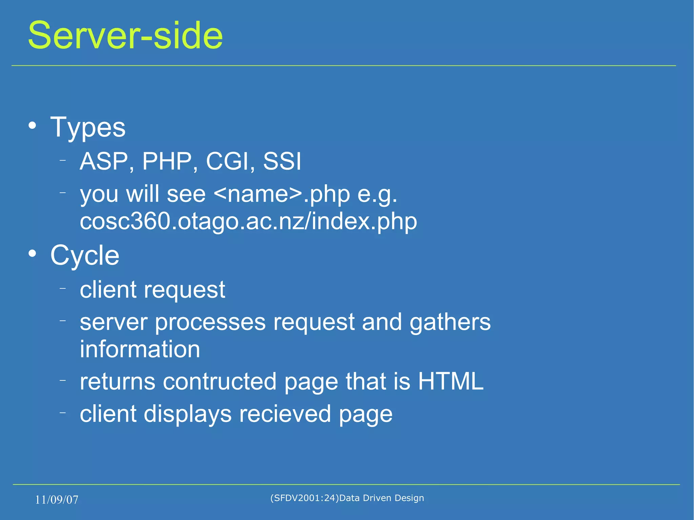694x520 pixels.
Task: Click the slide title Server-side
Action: [125, 35]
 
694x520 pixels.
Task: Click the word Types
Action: [88, 127]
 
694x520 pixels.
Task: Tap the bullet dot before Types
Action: [32, 126]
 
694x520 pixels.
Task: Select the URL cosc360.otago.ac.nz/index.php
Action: [248, 222]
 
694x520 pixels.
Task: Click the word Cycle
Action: [85, 255]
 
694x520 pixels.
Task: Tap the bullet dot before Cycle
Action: [32, 253]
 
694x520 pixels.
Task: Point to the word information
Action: [140, 349]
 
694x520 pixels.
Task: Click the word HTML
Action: [450, 381]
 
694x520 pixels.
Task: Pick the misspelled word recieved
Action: [285, 414]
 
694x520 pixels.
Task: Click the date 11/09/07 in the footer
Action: [57, 500]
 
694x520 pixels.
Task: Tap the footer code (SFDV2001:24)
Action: [304, 498]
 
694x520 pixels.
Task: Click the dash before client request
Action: [62, 288]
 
